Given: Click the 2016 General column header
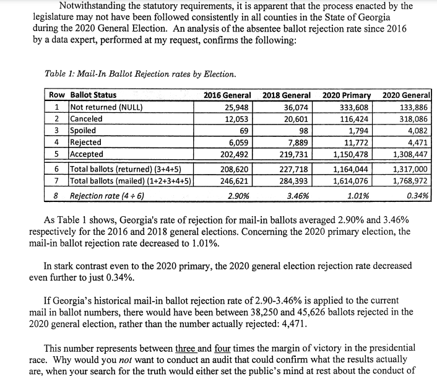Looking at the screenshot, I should (227, 95).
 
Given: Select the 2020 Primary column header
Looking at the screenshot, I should (347, 95).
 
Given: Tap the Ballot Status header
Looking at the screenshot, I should (93, 95).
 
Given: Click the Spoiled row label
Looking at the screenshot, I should (84, 131).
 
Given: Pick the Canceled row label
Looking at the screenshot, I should (87, 119).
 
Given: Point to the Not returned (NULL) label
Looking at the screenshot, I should (106, 107).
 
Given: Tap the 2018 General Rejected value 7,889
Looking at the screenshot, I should (298, 142).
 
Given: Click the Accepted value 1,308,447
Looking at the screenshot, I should (410, 154).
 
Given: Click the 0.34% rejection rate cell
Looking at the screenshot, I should (419, 196).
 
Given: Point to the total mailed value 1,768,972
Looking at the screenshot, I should (410, 181).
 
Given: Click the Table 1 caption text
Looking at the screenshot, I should (141, 74).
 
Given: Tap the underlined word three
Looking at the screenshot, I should (186, 348).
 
